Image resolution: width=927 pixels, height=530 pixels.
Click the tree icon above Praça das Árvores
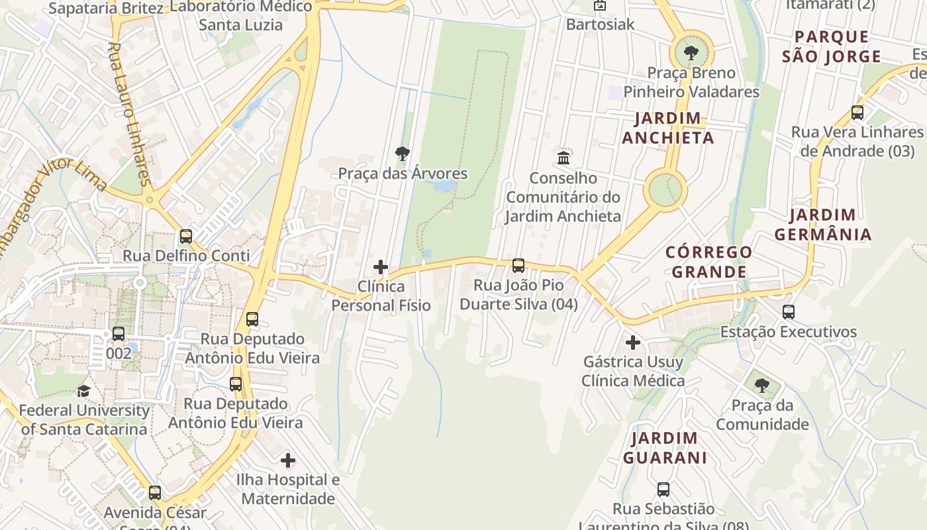[402, 154]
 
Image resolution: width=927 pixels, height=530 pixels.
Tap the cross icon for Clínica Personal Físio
[381, 267]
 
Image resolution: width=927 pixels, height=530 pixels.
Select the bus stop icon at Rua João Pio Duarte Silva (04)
[518, 266]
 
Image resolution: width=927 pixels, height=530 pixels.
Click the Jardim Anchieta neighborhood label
[667, 128]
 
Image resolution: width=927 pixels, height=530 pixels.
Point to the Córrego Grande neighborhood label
[708, 262]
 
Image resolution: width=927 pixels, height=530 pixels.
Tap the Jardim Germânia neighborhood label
[823, 225]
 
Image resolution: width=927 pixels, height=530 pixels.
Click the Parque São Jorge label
[832, 46]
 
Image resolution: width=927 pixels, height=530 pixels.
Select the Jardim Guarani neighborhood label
[664, 447]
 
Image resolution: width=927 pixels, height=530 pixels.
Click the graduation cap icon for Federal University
[83, 391]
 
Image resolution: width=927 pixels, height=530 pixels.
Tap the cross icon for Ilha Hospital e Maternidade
[288, 460]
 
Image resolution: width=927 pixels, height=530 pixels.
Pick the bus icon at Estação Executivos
[788, 311]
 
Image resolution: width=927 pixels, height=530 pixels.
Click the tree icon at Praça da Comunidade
[762, 385]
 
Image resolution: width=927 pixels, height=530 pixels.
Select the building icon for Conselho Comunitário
[563, 158]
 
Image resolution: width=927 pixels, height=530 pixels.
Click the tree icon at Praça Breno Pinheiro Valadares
[691, 52]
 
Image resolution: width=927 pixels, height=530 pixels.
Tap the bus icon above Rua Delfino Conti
[186, 236]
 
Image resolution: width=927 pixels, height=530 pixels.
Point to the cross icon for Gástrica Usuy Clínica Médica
[633, 343]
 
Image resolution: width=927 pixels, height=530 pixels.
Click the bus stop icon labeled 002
[119, 334]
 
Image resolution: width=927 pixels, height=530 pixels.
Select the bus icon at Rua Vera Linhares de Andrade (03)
[857, 112]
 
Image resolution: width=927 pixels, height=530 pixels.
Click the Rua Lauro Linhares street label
[129, 114]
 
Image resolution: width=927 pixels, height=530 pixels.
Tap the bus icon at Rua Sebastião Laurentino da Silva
[663, 490]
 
